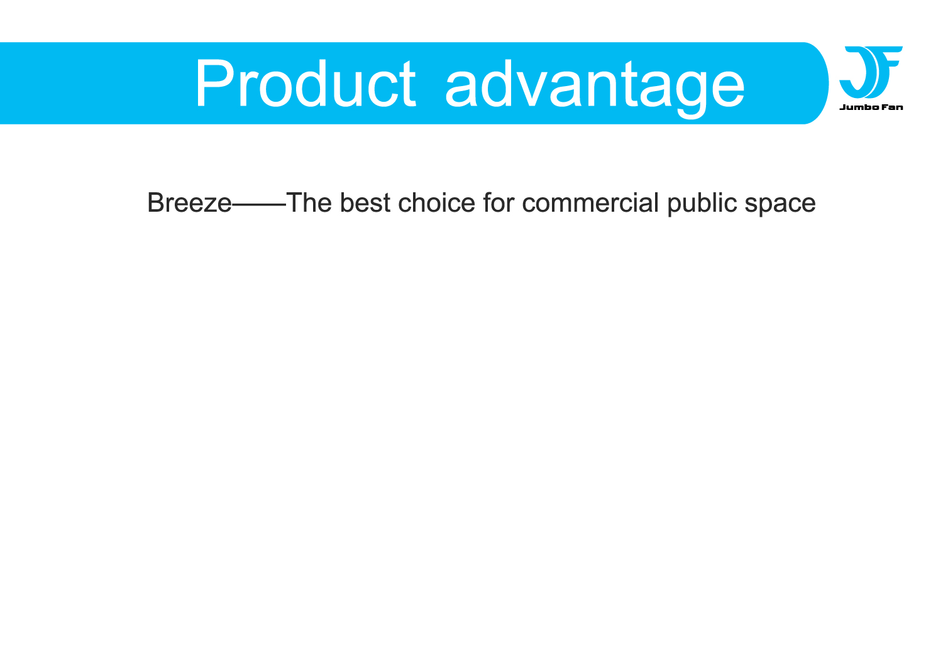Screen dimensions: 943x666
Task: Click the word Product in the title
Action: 306,84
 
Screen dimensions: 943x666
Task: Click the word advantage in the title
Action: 595,89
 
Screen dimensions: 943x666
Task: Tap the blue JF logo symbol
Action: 871,72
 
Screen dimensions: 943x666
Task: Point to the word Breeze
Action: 189,203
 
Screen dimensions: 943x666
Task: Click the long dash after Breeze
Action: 259,205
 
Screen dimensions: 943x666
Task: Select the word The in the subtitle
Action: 309,203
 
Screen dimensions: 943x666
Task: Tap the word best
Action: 365,203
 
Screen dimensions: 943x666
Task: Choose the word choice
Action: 436,203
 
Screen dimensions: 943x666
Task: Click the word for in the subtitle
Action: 499,203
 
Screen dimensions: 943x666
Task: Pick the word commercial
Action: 590,203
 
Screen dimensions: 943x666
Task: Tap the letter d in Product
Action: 311,84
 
